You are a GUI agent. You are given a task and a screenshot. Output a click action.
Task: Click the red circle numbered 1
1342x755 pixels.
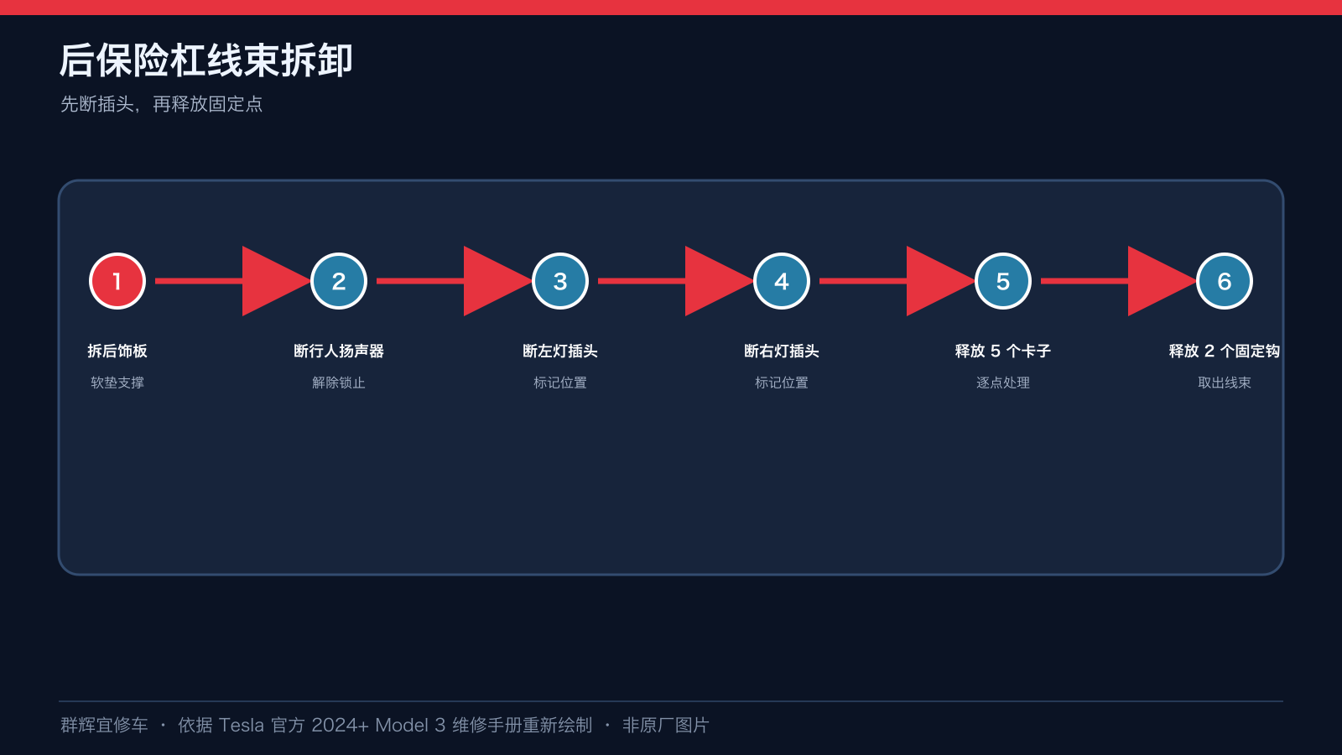click(117, 281)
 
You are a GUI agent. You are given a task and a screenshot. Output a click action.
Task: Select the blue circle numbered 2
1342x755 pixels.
click(339, 281)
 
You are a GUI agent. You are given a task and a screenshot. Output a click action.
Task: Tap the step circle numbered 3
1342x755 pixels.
click(560, 281)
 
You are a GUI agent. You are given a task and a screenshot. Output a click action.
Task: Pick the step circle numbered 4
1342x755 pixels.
click(781, 281)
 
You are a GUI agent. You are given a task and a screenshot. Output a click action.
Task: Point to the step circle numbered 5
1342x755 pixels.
click(1003, 281)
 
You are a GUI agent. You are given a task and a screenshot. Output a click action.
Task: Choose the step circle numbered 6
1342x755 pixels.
click(1224, 281)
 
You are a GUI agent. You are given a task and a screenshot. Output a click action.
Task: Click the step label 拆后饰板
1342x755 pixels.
click(117, 351)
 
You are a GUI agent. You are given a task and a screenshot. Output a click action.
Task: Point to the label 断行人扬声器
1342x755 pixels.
click(339, 351)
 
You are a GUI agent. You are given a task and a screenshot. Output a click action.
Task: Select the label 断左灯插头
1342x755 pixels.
click(560, 351)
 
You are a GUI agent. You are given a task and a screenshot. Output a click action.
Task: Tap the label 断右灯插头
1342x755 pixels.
click(781, 351)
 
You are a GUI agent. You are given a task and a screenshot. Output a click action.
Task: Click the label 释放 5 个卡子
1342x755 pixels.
click(1003, 351)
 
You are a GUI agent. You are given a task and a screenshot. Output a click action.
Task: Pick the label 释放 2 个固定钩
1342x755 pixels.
click(1224, 351)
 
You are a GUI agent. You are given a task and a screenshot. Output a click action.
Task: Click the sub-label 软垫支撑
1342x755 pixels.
click(117, 383)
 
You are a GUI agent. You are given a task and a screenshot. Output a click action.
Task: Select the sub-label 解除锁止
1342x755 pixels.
click(339, 383)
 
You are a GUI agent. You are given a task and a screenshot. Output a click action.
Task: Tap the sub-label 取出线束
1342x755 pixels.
click(1224, 383)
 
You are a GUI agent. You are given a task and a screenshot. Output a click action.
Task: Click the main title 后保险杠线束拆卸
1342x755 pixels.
click(206, 60)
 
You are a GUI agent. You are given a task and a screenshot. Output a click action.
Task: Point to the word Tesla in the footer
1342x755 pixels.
click(241, 725)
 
